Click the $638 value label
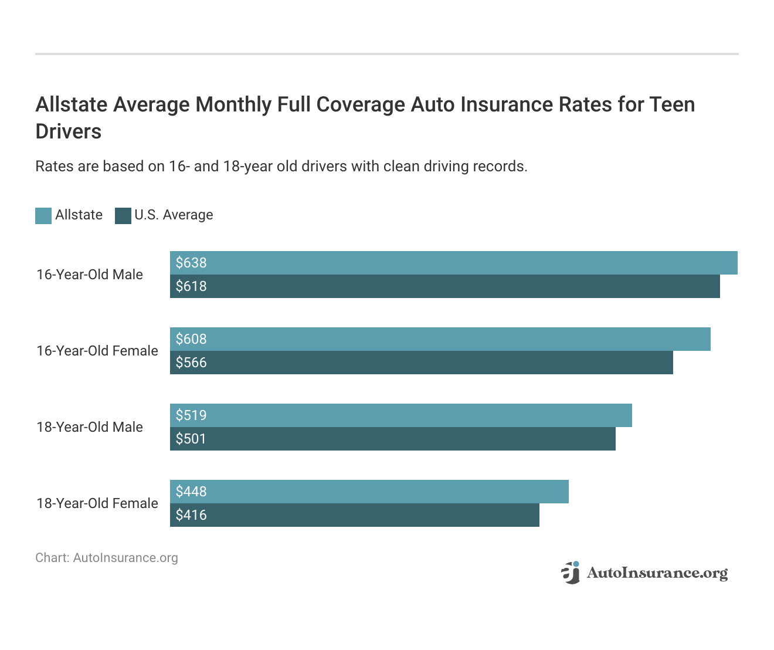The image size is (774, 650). (191, 263)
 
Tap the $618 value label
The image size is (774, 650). (191, 286)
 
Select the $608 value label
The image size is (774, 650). (191, 339)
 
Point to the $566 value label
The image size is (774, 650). (191, 363)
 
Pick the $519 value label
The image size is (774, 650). (191, 415)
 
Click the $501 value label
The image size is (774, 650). (191, 439)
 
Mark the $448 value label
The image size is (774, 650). (191, 492)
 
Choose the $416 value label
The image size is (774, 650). (191, 515)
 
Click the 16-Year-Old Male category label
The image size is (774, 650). (90, 275)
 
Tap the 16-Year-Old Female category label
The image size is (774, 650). (97, 351)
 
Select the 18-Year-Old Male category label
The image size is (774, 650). (90, 427)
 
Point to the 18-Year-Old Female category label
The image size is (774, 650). (97, 503)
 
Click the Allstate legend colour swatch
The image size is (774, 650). (43, 216)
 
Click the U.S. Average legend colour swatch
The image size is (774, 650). (123, 216)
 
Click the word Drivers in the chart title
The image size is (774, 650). (69, 131)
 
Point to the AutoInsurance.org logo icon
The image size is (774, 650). (570, 573)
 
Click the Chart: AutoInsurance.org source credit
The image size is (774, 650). (107, 558)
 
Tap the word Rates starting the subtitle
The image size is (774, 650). (54, 167)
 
